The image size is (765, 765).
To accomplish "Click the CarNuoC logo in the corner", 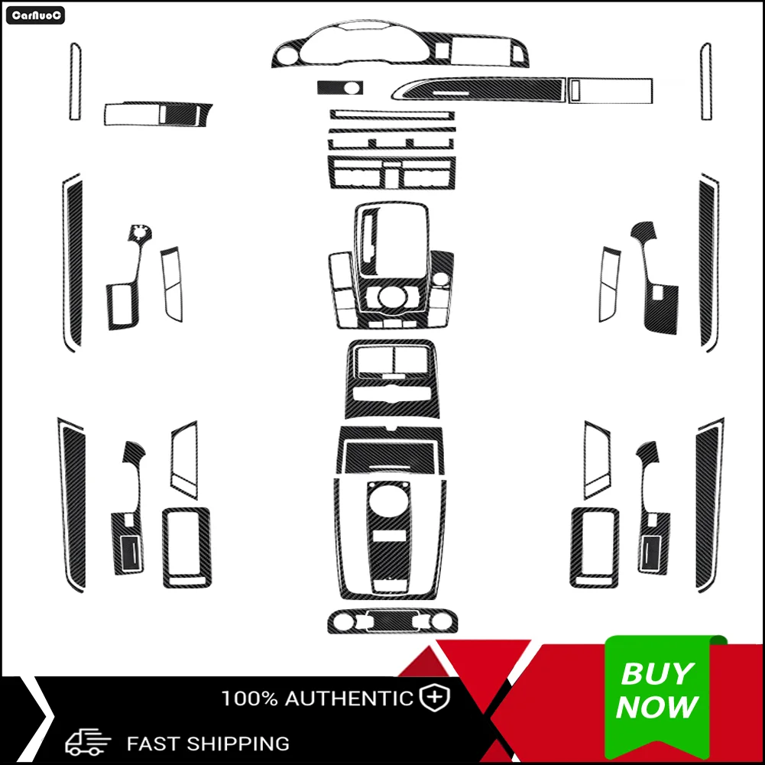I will (x=35, y=15).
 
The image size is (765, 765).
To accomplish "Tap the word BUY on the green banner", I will (x=656, y=674).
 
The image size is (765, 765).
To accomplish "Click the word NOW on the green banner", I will (x=657, y=707).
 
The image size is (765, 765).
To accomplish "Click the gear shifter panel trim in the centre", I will (x=391, y=248).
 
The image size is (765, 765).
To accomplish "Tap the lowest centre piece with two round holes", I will (x=393, y=621).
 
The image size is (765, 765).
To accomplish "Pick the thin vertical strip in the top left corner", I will (x=75, y=81).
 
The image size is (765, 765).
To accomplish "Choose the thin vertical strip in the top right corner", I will (x=705, y=81).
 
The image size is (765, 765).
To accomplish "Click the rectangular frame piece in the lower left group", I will (x=186, y=546).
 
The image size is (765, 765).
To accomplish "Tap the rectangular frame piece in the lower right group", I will (x=595, y=546).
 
